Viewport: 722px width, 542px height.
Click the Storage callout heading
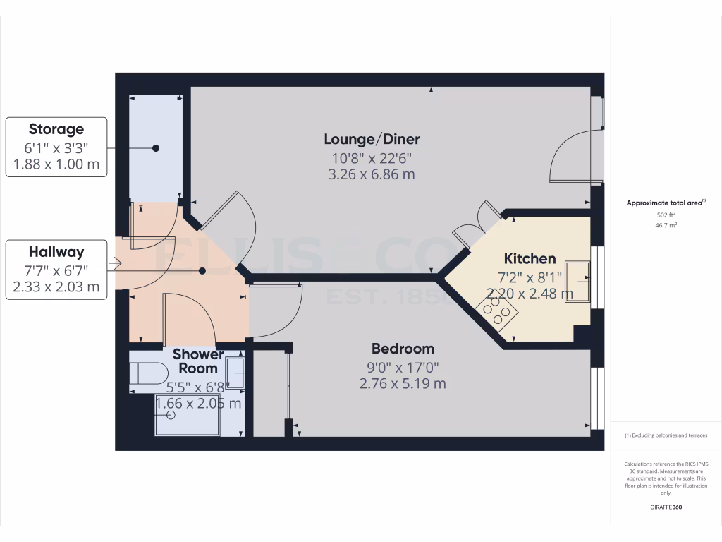click(x=56, y=129)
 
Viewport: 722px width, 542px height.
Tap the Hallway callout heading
click(x=56, y=252)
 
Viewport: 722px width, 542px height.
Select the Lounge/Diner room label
click(x=372, y=138)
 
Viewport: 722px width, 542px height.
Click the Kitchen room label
click(x=530, y=258)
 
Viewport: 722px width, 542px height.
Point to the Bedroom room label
click(x=403, y=349)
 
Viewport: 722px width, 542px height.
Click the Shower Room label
click(x=198, y=361)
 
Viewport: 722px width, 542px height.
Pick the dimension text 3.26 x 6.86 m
click(x=372, y=174)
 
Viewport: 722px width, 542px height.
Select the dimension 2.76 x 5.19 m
click(x=403, y=384)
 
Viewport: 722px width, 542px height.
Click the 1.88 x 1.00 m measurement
click(x=56, y=166)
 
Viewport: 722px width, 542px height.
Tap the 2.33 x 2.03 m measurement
click(x=56, y=287)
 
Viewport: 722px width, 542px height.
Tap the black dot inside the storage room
click(x=156, y=148)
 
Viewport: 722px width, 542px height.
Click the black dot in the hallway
click(x=202, y=270)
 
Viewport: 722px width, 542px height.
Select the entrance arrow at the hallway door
click(x=116, y=265)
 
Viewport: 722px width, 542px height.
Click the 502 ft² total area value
click(x=662, y=215)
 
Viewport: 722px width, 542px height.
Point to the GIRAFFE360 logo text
click(x=666, y=507)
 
